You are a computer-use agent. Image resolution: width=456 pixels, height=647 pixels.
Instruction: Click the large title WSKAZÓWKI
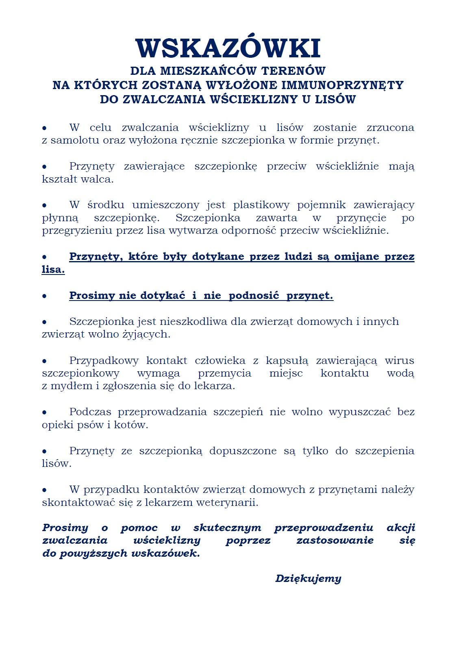click(228, 48)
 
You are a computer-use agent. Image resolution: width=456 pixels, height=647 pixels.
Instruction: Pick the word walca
click(101, 179)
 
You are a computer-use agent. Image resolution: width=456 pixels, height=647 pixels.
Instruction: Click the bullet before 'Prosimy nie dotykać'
click(44, 296)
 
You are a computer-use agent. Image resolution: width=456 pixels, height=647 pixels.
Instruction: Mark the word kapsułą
click(287, 361)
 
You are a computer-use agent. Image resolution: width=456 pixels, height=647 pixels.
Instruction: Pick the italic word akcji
click(401, 528)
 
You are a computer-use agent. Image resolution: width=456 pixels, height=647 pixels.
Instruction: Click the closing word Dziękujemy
click(308, 579)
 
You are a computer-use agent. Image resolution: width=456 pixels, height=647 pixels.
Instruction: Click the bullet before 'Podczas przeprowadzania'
click(44, 412)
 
